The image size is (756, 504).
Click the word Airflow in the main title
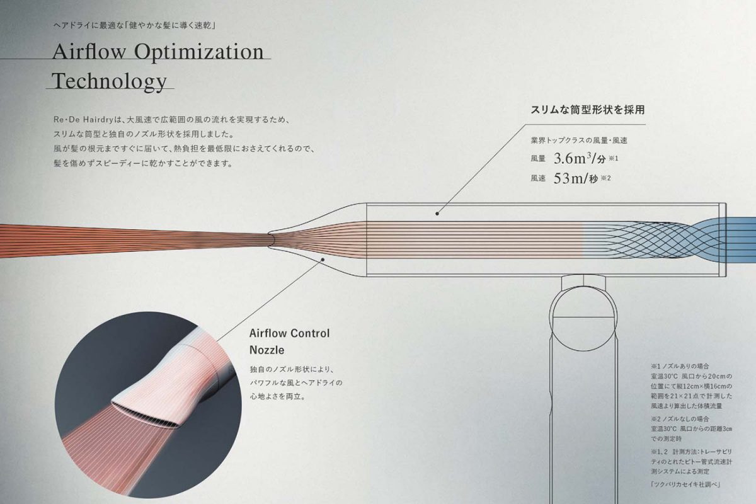(x=89, y=52)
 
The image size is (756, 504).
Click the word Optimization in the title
(x=199, y=53)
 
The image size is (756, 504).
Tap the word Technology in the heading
(x=110, y=82)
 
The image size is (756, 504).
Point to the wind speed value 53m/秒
(x=575, y=178)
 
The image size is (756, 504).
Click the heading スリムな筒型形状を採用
(x=588, y=110)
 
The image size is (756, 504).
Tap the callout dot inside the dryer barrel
(x=437, y=214)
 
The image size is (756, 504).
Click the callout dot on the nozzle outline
(x=323, y=260)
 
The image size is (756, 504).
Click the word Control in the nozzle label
(x=310, y=333)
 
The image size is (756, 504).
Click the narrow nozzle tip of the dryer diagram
(x=272, y=239)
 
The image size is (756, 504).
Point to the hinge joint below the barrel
(x=583, y=283)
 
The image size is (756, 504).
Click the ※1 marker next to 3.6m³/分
(x=613, y=158)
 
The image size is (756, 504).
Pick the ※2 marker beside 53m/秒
(x=606, y=178)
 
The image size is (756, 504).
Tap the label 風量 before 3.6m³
(x=538, y=159)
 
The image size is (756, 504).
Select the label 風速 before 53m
(x=538, y=178)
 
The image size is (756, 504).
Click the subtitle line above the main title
(x=134, y=26)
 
